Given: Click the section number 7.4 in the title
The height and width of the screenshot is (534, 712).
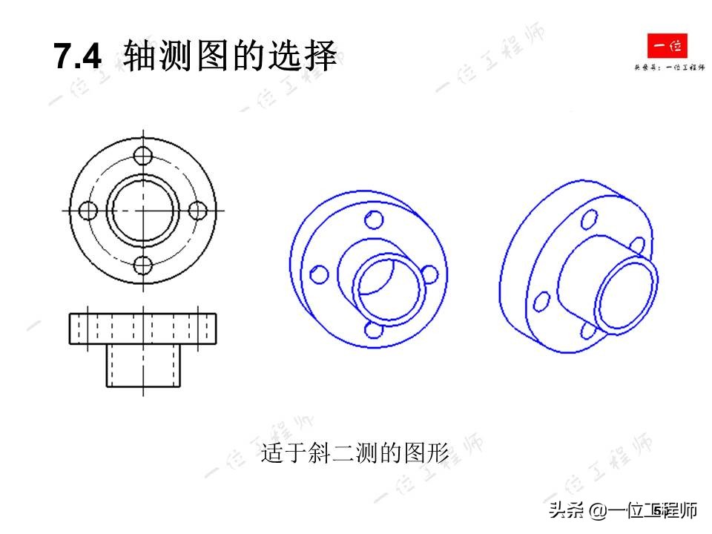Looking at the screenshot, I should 77,57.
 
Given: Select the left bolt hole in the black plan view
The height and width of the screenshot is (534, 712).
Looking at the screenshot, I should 89,211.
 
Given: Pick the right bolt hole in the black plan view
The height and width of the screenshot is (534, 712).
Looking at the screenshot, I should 198,211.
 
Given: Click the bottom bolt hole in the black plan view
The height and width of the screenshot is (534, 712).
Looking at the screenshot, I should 144,265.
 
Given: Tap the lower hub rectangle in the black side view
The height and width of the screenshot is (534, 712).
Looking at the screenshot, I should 143,366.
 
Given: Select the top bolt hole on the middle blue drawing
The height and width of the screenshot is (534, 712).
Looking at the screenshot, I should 375,220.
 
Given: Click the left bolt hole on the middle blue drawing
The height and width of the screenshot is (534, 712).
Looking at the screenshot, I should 320,274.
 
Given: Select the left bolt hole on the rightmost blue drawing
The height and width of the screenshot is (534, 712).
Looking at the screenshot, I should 542,301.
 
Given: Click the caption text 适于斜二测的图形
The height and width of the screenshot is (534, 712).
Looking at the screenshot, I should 355,452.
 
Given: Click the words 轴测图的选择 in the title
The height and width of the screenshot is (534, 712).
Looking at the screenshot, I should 231,57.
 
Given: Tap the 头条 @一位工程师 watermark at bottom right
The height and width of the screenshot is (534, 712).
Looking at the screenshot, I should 623,511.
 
